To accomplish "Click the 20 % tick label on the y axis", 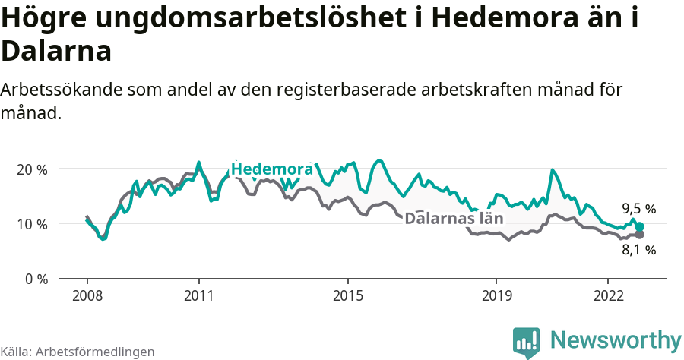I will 31,169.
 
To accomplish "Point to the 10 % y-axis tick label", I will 31,224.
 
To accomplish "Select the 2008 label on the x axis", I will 87,295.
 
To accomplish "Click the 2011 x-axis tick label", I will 198,295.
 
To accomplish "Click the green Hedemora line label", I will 271,169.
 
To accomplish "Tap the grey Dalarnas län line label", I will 454,219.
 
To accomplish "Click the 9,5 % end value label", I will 638,209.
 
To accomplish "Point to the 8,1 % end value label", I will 638,249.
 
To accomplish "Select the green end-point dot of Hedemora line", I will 640,227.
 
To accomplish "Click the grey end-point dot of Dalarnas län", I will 640,234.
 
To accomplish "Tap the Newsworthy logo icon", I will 527,342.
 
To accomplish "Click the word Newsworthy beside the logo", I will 616,339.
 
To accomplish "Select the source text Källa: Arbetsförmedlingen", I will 78,352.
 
